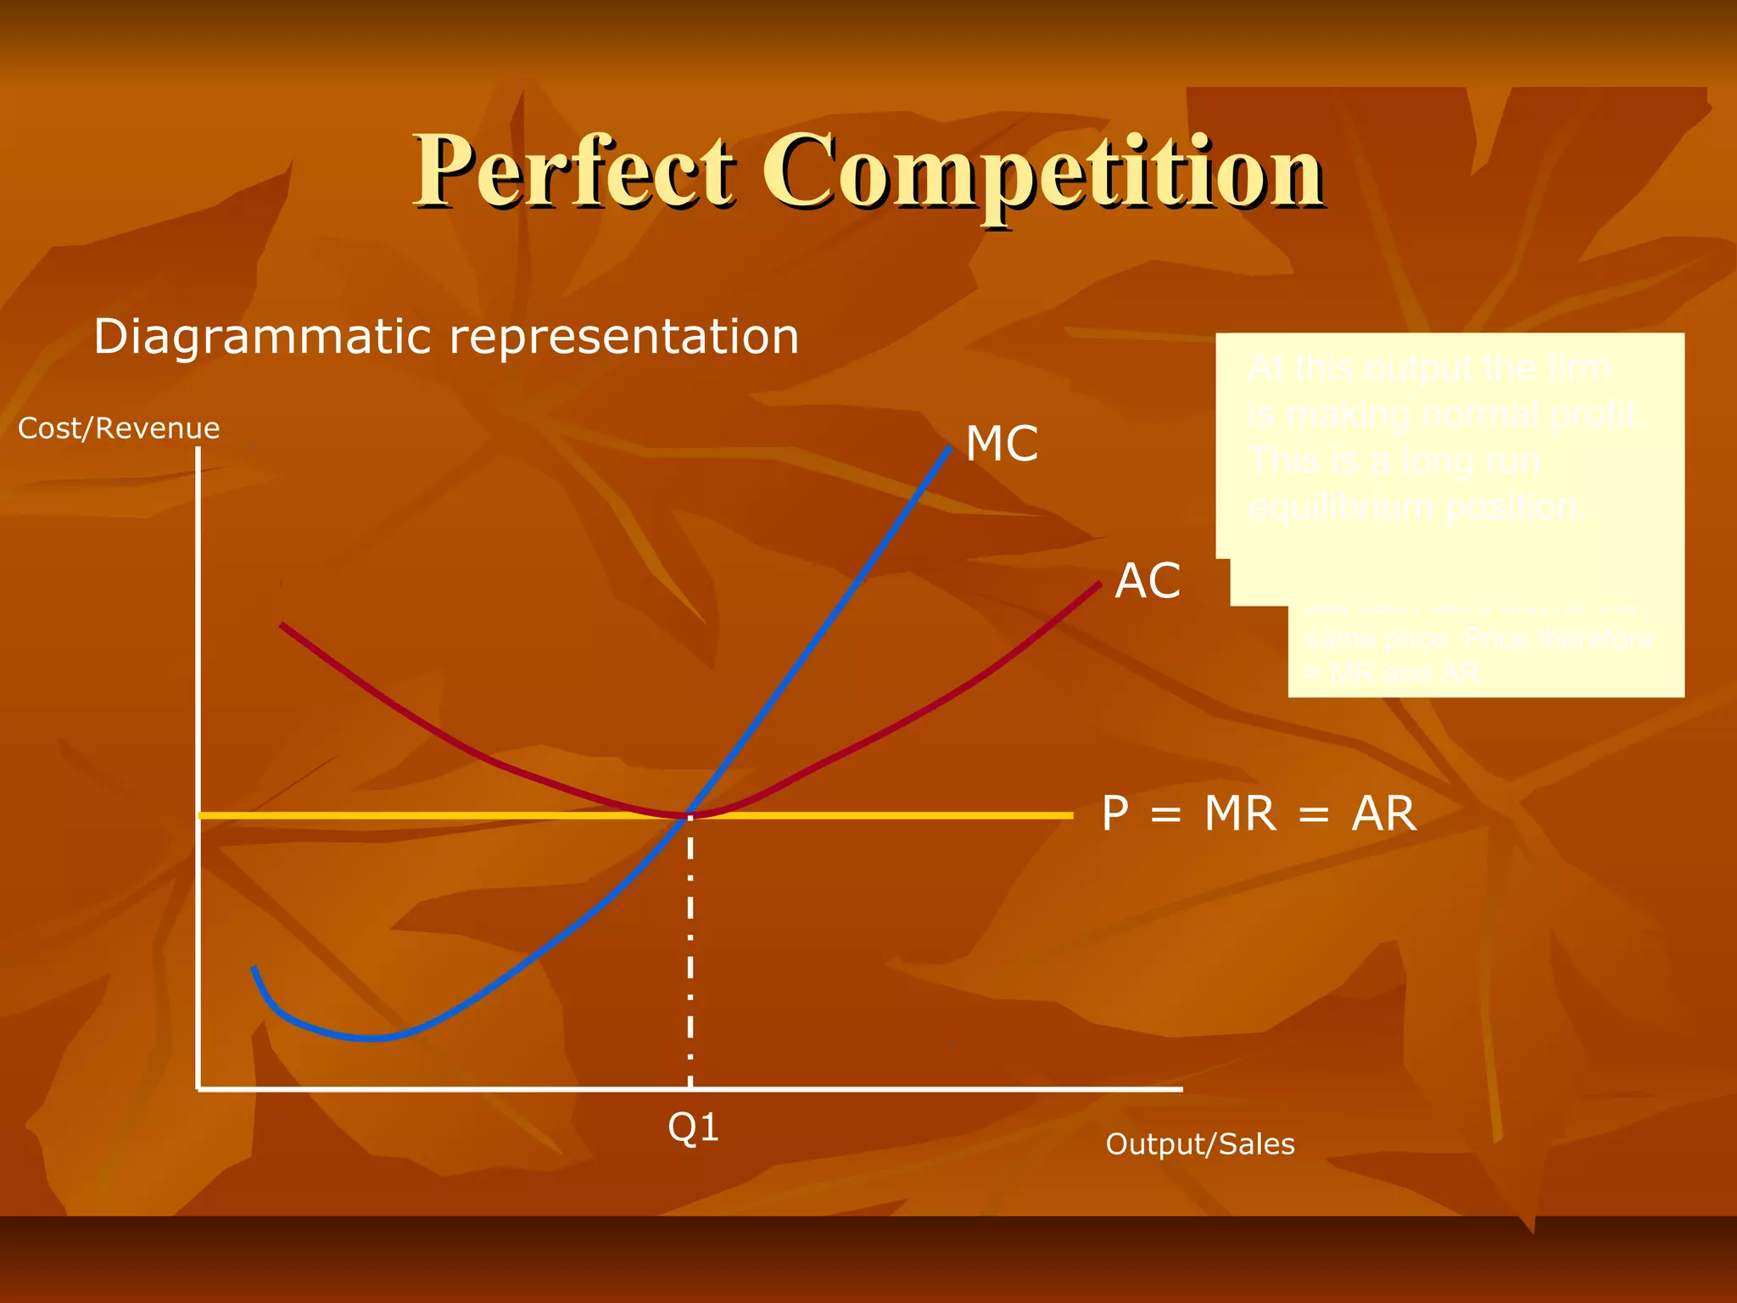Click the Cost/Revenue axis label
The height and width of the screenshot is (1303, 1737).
point(119,428)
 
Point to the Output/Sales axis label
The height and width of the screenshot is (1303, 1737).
point(1199,1144)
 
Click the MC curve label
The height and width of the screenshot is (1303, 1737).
point(1002,444)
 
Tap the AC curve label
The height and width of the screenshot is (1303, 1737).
point(1147,581)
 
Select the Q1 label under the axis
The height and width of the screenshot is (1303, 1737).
point(693,1127)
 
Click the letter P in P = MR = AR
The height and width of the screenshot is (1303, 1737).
point(1115,814)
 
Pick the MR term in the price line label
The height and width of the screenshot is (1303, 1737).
point(1239,814)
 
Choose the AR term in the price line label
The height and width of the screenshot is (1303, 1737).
point(1383,814)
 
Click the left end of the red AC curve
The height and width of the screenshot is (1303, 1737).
point(282,625)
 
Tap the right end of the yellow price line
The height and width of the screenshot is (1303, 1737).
point(1070,815)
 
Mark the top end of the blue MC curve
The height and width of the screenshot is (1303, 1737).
point(949,448)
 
